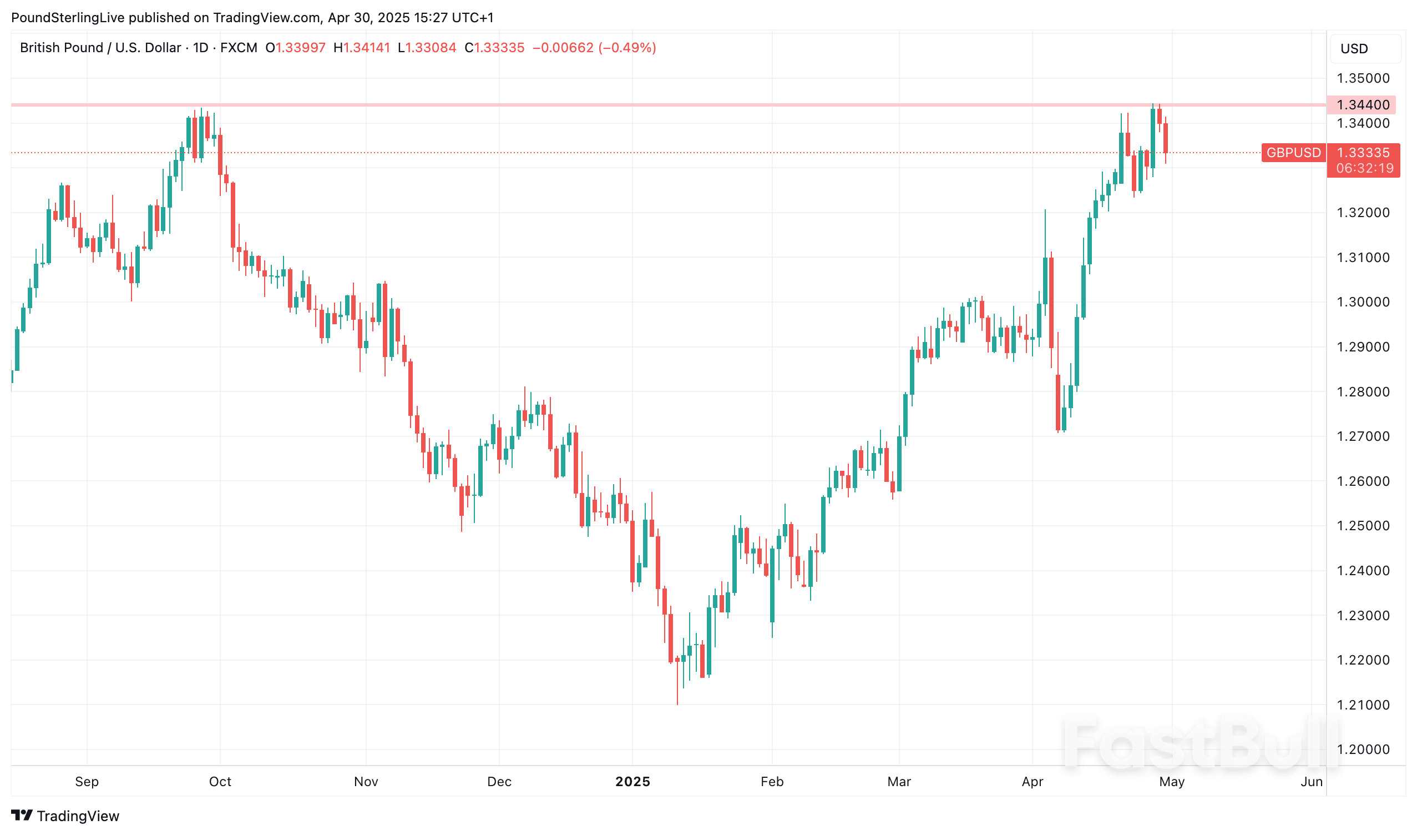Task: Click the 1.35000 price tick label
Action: (1363, 78)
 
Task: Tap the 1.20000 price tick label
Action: (1363, 750)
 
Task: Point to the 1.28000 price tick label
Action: (1363, 391)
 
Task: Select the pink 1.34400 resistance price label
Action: (1363, 105)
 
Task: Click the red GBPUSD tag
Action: (1293, 153)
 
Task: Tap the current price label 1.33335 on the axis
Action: (1363, 153)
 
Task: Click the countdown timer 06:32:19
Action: (1365, 168)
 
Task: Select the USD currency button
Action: (1354, 49)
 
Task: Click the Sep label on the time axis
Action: (87, 782)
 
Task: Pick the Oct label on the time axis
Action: (220, 782)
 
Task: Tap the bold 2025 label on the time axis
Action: (632, 782)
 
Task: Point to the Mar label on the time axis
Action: (899, 782)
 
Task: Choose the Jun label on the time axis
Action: (1311, 782)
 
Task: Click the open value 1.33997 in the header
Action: (300, 48)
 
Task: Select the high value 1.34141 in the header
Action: (367, 48)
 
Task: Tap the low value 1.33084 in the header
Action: (431, 48)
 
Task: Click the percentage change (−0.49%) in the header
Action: (627, 48)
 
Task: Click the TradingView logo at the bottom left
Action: (65, 816)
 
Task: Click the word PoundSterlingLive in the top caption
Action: (68, 18)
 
